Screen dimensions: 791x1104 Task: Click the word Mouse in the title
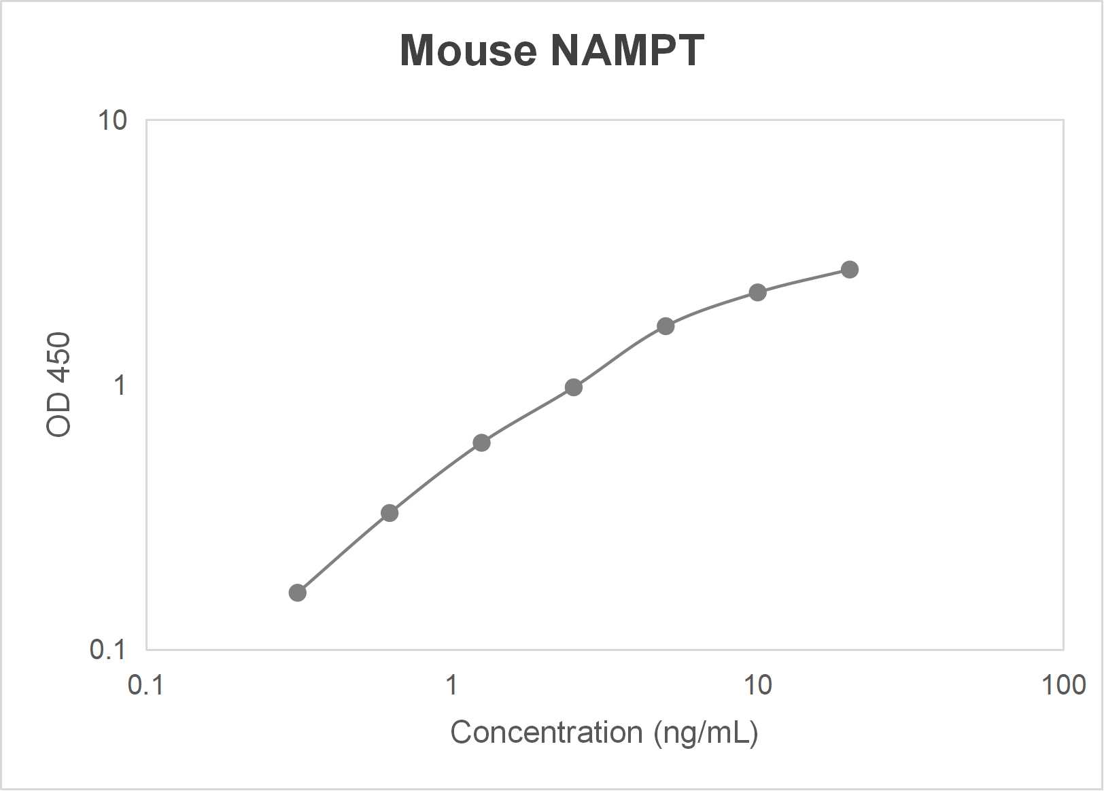468,50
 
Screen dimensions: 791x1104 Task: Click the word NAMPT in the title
627,50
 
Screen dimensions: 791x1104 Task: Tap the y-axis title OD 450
58,385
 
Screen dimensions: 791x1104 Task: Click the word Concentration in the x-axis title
547,733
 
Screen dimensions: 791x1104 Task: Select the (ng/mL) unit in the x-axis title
706,733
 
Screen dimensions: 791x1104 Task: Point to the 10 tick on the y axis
112,121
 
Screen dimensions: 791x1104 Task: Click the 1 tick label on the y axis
120,385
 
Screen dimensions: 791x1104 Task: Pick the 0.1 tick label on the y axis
108,650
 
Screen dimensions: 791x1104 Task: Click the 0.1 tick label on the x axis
145,685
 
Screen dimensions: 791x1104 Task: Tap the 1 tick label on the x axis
451,685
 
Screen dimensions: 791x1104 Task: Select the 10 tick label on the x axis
757,685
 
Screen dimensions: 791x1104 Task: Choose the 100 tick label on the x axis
1063,685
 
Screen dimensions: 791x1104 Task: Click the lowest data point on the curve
297,593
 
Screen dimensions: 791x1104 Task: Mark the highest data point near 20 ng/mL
849,270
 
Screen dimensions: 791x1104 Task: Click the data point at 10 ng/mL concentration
757,292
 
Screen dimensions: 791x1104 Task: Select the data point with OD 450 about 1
573,387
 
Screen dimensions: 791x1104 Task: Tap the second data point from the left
389,512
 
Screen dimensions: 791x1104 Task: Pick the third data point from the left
481,443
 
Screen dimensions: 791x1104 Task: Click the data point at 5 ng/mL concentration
666,326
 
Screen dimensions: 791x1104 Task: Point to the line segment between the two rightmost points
804,281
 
